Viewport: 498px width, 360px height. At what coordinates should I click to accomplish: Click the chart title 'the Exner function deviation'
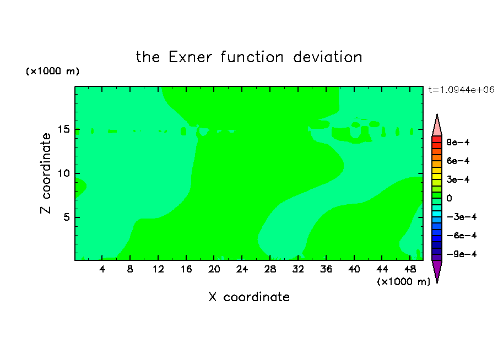click(x=249, y=57)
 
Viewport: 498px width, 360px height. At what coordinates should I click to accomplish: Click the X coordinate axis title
click(x=249, y=297)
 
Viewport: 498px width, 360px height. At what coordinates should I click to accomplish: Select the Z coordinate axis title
click(x=46, y=173)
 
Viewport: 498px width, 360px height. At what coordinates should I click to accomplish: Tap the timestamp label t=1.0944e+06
click(x=461, y=90)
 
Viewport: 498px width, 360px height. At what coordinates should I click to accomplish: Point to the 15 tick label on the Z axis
click(x=63, y=129)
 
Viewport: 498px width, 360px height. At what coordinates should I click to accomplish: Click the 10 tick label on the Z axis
click(x=63, y=173)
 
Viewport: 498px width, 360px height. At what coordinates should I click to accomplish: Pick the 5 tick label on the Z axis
click(x=66, y=217)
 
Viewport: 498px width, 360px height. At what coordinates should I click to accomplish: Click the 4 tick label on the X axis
click(x=102, y=269)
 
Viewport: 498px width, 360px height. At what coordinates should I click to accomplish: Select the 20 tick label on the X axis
click(x=214, y=269)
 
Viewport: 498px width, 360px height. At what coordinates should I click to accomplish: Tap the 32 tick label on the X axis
click(x=298, y=269)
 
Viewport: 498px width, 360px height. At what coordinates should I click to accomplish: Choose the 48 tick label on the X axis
click(x=410, y=269)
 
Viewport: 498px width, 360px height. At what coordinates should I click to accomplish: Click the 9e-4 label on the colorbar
click(x=458, y=142)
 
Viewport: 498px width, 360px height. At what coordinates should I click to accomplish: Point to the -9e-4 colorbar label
click(x=462, y=254)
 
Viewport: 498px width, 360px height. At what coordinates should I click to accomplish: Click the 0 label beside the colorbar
click(x=449, y=198)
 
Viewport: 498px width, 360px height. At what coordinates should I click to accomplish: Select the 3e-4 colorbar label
click(x=458, y=179)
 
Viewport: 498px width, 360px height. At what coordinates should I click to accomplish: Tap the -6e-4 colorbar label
click(x=462, y=236)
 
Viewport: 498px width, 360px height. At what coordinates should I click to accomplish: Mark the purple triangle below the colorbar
click(x=437, y=270)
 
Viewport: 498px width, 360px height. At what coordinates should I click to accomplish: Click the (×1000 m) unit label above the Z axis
click(x=52, y=71)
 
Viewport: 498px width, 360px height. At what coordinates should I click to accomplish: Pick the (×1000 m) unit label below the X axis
click(x=403, y=282)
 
